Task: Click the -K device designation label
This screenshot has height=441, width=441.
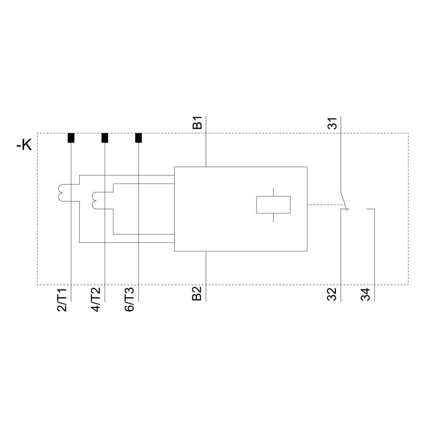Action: click(x=24, y=145)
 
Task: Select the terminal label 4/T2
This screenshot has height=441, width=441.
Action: click(x=96, y=300)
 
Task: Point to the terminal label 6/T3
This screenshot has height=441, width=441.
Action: click(x=129, y=300)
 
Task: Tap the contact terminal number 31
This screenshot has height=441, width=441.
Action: click(x=333, y=123)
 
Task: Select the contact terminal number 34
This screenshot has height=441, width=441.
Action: click(x=365, y=294)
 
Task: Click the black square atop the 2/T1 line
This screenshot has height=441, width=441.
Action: click(x=71, y=138)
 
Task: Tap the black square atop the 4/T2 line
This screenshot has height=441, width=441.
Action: click(x=105, y=138)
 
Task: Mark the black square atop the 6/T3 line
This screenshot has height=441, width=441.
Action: click(x=138, y=138)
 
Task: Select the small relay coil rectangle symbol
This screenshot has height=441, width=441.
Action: click(x=273, y=205)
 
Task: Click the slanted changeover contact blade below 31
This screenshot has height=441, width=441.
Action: click(x=344, y=200)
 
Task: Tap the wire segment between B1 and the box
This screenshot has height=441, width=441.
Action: click(x=206, y=150)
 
